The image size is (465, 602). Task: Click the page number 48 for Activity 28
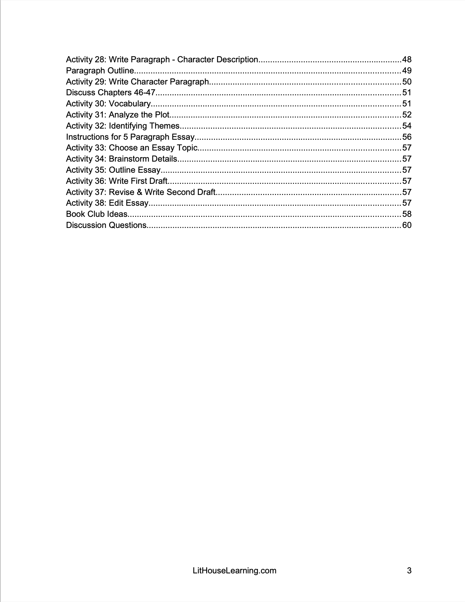click(x=407, y=60)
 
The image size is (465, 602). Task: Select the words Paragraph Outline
click(x=100, y=71)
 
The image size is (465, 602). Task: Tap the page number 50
click(x=407, y=82)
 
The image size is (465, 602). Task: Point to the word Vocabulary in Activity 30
click(x=129, y=104)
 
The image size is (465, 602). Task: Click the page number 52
click(x=407, y=115)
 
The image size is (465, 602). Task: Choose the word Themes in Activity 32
click(x=164, y=126)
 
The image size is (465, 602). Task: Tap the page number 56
click(x=407, y=137)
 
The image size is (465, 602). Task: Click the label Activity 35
click(x=86, y=170)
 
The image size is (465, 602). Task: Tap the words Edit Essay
click(x=128, y=203)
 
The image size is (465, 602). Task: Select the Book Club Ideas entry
click(x=97, y=214)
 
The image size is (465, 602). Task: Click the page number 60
click(x=407, y=225)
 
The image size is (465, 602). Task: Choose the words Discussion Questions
click(x=106, y=225)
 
